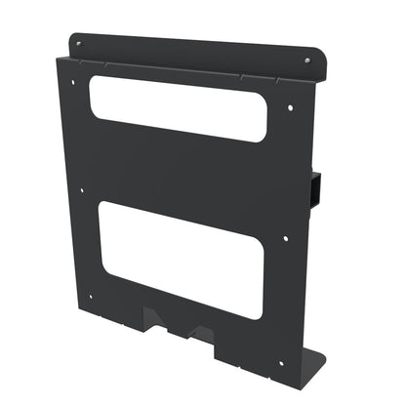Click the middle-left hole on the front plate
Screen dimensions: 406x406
(82, 191)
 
